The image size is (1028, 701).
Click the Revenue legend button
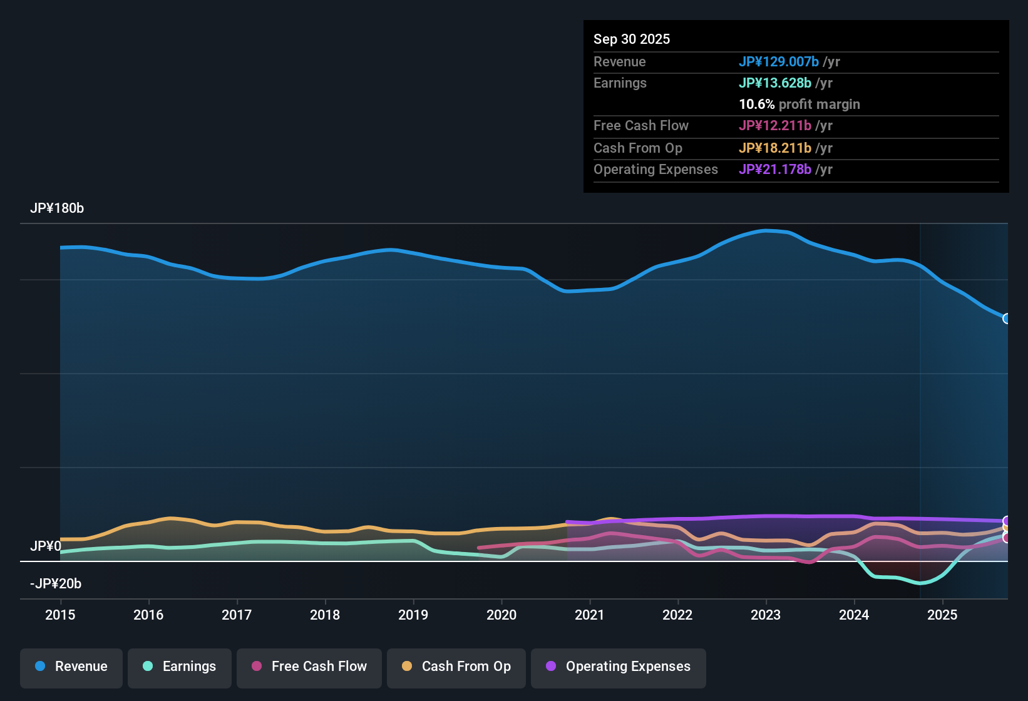[x=71, y=667]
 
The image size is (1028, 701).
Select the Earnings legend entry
[x=180, y=667]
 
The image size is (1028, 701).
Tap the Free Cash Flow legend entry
[x=309, y=667]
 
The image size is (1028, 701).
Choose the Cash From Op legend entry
[x=456, y=667]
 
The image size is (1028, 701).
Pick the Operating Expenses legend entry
[x=619, y=667]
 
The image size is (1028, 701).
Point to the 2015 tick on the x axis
[x=60, y=615]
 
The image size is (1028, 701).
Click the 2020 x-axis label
[x=501, y=615]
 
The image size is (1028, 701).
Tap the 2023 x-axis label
[x=766, y=615]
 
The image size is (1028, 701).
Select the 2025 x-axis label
[x=942, y=615]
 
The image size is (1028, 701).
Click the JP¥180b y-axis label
[x=57, y=208]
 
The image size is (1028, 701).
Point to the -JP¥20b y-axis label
[x=56, y=584]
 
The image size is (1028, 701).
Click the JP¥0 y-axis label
[x=46, y=546]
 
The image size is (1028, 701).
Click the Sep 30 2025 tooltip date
[x=632, y=39]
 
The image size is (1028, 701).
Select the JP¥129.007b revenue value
[x=779, y=62]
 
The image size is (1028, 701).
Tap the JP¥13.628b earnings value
[x=775, y=83]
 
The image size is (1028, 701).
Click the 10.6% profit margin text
[x=799, y=105]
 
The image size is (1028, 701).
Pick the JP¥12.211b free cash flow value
[x=775, y=126]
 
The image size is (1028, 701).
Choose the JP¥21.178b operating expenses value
[x=775, y=170]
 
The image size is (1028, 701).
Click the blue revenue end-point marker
[x=1007, y=319]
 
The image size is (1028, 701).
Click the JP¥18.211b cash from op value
[x=775, y=148]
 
